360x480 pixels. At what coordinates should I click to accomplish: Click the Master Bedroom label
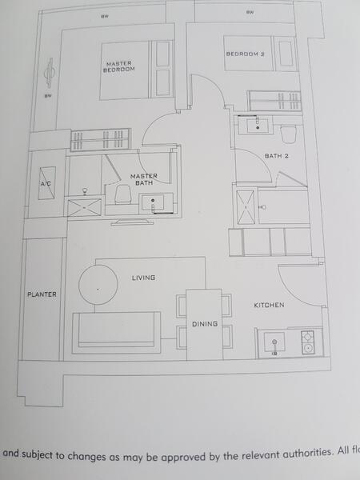click(x=118, y=66)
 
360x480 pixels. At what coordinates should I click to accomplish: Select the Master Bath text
click(x=144, y=179)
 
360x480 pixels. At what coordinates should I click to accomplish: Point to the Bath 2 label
click(x=277, y=155)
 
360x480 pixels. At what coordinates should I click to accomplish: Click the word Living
click(x=143, y=278)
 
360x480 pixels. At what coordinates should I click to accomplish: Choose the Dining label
click(x=204, y=323)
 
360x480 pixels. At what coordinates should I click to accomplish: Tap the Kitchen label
click(x=269, y=305)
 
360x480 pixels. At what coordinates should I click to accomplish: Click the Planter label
click(x=42, y=294)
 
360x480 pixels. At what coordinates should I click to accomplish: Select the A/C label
click(x=46, y=184)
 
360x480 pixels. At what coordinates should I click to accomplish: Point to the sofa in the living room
click(x=115, y=331)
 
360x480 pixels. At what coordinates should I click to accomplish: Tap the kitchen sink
click(x=274, y=342)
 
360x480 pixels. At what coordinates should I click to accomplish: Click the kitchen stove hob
click(x=308, y=342)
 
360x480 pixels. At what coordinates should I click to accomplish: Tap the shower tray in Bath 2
click(x=245, y=206)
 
